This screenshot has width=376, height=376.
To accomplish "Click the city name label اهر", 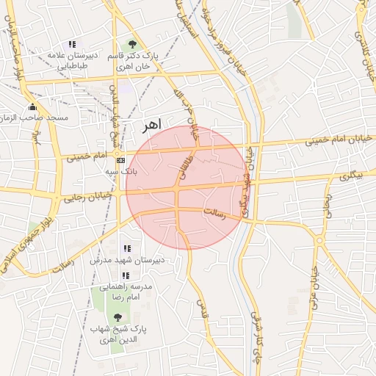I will tap(151, 125).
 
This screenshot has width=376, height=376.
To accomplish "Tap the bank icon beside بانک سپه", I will tap(120, 160).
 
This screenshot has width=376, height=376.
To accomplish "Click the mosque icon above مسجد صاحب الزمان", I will tap(32, 107).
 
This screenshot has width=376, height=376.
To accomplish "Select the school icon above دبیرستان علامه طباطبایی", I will tap(71, 45).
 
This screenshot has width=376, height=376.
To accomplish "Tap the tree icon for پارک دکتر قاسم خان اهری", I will tap(132, 45).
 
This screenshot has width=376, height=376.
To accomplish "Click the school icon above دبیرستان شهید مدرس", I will tap(127, 249).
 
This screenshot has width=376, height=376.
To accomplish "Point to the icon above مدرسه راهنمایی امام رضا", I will tap(126, 275).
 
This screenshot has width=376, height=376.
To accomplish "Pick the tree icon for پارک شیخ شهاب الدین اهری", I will tap(117, 317).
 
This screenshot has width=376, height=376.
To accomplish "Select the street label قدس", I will tap(203, 311).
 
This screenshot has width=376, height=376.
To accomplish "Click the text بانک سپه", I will tap(121, 171).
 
